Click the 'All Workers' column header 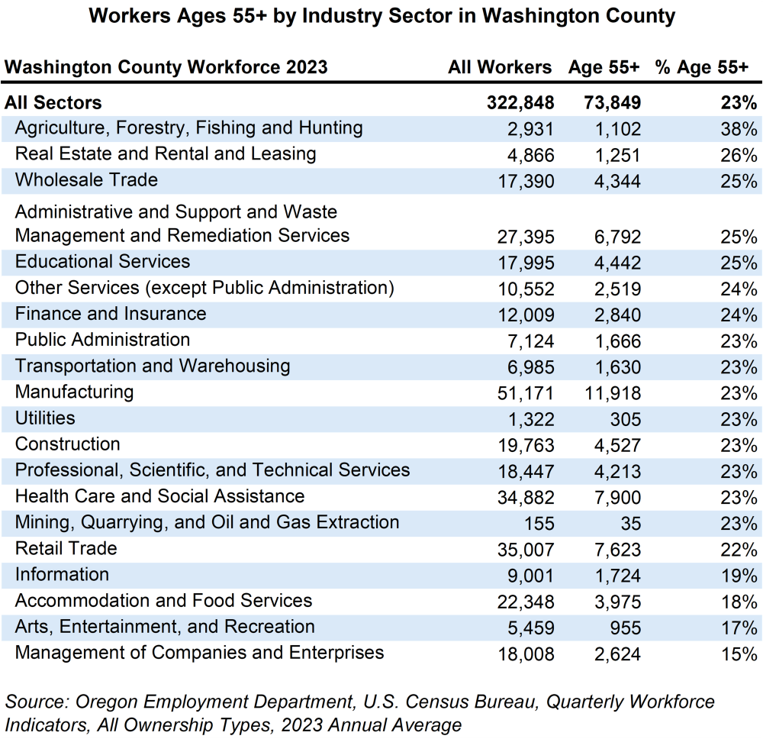(500, 67)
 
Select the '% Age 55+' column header (701, 67)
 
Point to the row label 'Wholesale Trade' (86, 180)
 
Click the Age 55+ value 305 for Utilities (626, 419)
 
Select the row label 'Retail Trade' (66, 548)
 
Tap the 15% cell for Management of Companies (738, 654)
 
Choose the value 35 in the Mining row (630, 524)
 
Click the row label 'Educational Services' (102, 262)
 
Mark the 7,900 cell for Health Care (617, 498)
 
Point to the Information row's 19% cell (738, 576)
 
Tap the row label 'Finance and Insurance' (111, 314)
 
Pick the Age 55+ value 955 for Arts (626, 628)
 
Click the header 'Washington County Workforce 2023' (166, 67)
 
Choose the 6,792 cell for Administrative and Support (617, 237)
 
